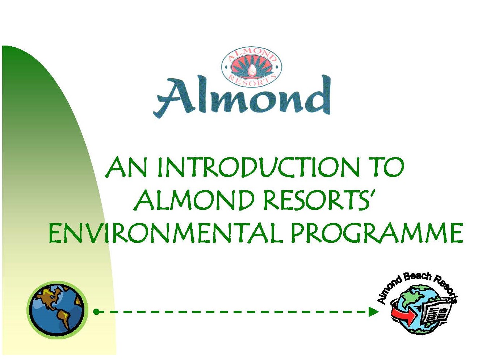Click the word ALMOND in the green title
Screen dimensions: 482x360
[194, 200]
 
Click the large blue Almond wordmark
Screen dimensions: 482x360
[242, 96]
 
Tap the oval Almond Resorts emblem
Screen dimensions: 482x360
[252, 67]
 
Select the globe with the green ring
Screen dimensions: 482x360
[57, 310]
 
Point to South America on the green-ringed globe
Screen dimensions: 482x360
[63, 318]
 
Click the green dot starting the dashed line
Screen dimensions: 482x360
[96, 312]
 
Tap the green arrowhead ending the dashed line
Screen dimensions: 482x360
[373, 312]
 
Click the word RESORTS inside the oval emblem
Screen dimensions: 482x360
[252, 81]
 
